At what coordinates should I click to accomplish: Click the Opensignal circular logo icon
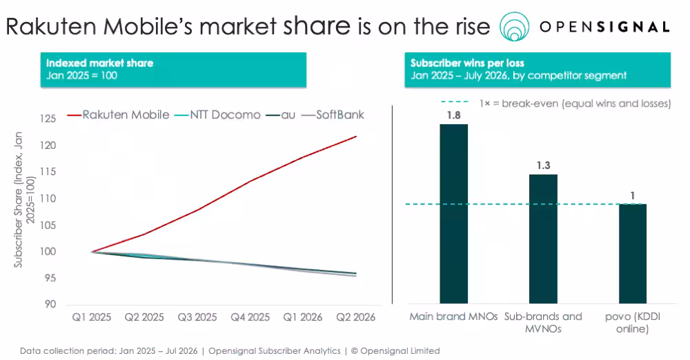515,26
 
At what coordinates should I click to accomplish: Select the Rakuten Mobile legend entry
119,115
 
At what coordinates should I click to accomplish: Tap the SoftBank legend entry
333,115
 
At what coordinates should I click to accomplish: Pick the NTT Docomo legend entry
217,115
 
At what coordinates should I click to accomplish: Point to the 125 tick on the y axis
48,119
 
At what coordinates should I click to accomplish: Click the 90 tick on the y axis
50,304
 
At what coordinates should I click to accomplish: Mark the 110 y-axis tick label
48,199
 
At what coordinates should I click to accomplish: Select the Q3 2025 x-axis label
197,317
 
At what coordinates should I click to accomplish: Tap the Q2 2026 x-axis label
355,317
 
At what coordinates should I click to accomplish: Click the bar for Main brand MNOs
454,214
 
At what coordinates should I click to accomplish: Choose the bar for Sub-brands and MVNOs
543,239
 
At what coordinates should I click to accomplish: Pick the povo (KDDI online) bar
633,254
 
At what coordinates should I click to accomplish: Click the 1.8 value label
454,115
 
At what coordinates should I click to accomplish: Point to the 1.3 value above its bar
544,166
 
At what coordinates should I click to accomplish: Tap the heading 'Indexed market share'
100,63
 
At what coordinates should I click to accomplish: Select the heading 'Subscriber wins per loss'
467,63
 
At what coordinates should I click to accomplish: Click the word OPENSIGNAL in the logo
604,27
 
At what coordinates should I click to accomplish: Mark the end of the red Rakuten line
356,137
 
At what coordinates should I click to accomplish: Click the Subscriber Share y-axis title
24,199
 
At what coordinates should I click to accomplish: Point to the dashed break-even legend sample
455,102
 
